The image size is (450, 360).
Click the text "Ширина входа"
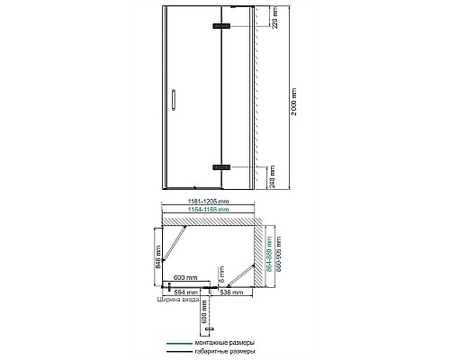point(175,302)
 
